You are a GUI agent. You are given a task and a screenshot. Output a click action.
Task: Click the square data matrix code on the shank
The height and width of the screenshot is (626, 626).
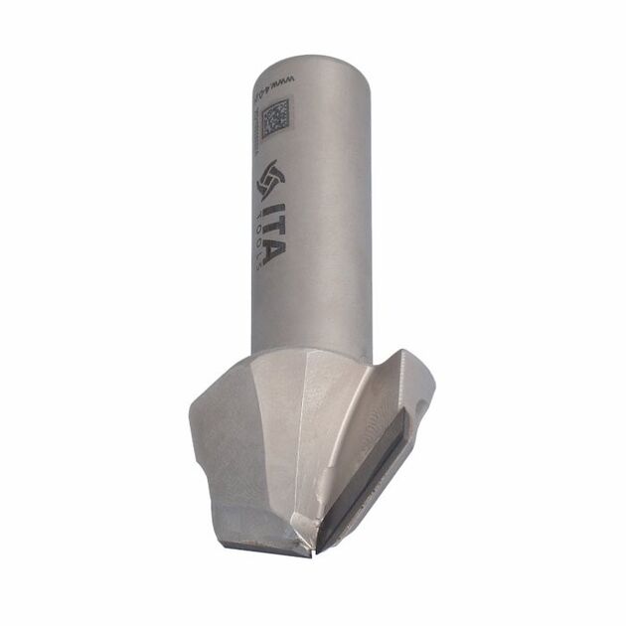coord(275,120)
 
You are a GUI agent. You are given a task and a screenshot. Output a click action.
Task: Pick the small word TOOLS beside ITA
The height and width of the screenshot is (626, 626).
coord(253,238)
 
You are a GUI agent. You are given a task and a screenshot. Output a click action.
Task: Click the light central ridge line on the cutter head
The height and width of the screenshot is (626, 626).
coord(298,447)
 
